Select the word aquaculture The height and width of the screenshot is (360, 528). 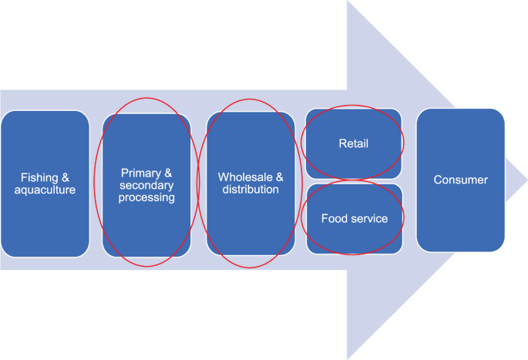click(45, 190)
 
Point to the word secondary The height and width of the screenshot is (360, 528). click(147, 186)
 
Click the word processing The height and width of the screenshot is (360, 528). click(147, 197)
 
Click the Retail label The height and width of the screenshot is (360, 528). click(354, 143)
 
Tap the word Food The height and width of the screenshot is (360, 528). click(334, 219)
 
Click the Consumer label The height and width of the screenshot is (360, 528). click(460, 180)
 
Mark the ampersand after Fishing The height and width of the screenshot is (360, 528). click(65, 177)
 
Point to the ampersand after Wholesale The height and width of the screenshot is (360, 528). click(279, 177)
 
